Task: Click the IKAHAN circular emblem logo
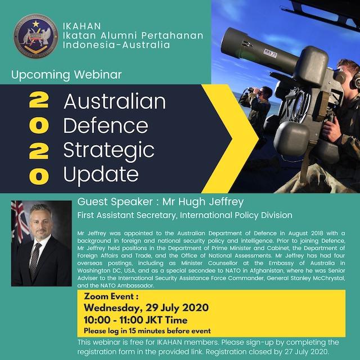[36, 36]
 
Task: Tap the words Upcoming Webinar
[66, 75]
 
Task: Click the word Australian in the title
[115, 101]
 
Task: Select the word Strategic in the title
[109, 150]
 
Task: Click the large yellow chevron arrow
[230, 138]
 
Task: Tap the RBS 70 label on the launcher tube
[271, 53]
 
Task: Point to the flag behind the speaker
[20, 223]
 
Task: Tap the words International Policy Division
[236, 215]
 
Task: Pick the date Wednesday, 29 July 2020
[146, 308]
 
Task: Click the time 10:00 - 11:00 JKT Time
[136, 320]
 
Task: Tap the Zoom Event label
[111, 296]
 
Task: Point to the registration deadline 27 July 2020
[306, 352]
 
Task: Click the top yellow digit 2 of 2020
[39, 100]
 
